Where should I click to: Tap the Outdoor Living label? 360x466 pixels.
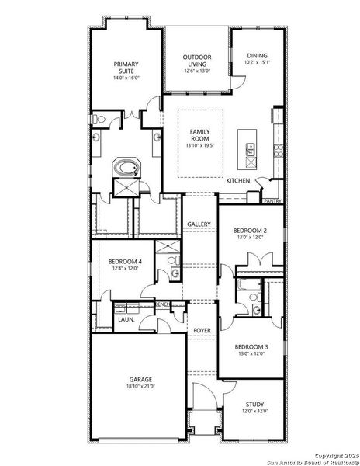(x=197, y=61)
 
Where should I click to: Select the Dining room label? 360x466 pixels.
(x=258, y=56)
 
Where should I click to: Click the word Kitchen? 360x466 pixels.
(x=237, y=180)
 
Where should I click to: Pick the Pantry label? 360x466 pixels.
(x=272, y=200)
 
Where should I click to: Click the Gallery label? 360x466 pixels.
(x=199, y=224)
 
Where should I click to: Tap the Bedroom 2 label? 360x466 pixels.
(x=250, y=231)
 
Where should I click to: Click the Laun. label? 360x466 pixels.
(x=126, y=319)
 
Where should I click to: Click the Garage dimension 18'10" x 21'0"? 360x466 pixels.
(x=141, y=387)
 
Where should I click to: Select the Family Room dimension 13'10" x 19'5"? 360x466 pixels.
(x=200, y=145)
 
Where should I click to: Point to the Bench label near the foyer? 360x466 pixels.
(x=162, y=304)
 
